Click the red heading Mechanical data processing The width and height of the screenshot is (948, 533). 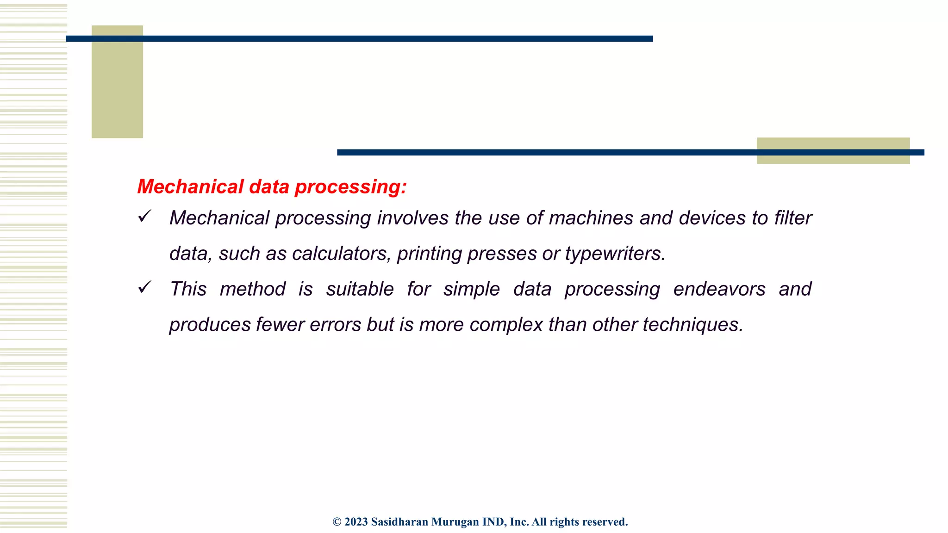tap(272, 187)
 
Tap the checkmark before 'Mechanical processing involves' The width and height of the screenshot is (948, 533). tap(145, 216)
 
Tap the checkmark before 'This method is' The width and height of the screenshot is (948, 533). tap(145, 287)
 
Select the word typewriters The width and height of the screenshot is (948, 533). tap(615, 254)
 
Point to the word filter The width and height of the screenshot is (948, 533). tap(793, 218)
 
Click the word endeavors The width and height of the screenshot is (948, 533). tap(719, 289)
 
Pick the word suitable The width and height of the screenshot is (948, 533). tap(360, 289)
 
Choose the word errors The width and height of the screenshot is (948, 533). tap(335, 325)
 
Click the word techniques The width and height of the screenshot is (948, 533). tap(692, 325)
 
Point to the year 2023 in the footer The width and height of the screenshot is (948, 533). tap(356, 522)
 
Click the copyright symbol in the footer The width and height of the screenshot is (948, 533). tap(337, 522)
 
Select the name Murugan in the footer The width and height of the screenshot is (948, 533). tap(455, 522)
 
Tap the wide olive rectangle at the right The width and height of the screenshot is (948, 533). tap(833, 151)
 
